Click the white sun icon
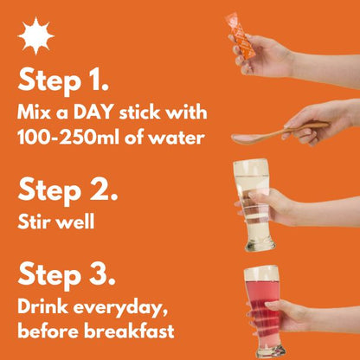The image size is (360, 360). [36, 36]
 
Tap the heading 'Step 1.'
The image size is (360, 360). [63, 80]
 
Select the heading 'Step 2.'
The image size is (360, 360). [67, 190]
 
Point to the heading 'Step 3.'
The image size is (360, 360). [67, 274]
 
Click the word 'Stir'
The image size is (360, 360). [34, 222]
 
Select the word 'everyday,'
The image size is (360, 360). [120, 308]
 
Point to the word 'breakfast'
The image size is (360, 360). [129, 331]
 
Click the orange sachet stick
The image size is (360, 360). [240, 36]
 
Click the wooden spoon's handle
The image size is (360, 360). [300, 129]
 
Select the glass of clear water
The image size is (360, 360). [252, 205]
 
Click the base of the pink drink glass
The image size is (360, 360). [271, 350]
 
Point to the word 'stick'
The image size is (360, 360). [141, 112]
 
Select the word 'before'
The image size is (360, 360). [48, 331]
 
